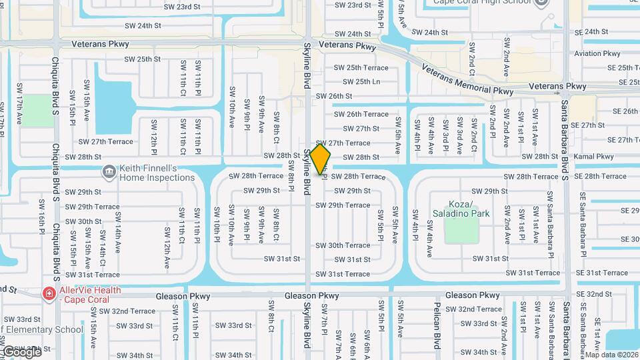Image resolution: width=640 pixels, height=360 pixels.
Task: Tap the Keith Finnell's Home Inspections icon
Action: (108, 173)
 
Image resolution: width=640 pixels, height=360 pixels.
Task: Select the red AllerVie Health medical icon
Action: (48, 294)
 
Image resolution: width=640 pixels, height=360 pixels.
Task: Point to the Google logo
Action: (21, 351)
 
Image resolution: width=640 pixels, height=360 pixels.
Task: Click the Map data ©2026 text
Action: (611, 355)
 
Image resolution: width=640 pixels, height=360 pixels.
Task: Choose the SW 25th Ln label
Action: (361, 82)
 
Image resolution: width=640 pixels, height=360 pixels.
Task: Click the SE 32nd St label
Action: (594, 294)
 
